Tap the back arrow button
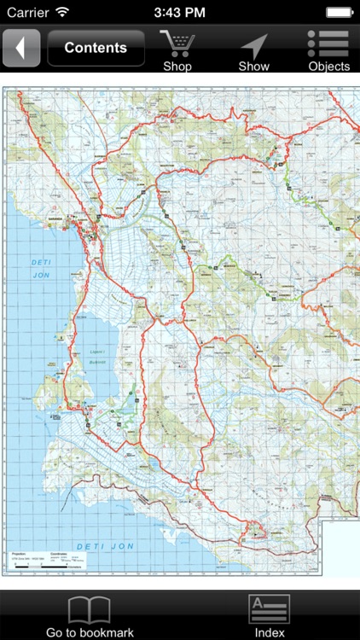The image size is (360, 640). pos(21,48)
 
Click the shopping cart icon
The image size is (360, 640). pos(177,43)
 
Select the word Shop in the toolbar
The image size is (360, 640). pos(177,67)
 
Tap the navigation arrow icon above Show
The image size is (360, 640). pos(253,44)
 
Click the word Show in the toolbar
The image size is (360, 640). pos(253,67)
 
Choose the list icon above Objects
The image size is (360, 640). pos(328,44)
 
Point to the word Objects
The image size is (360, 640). pos(328,67)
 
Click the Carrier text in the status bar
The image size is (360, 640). pos(28,13)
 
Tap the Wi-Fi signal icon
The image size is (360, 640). pos(62,13)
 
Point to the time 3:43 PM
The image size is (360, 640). pos(180,13)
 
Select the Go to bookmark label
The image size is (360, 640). pos(90,632)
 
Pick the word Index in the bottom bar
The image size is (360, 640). pos(270,632)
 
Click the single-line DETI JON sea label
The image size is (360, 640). pos(98,545)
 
